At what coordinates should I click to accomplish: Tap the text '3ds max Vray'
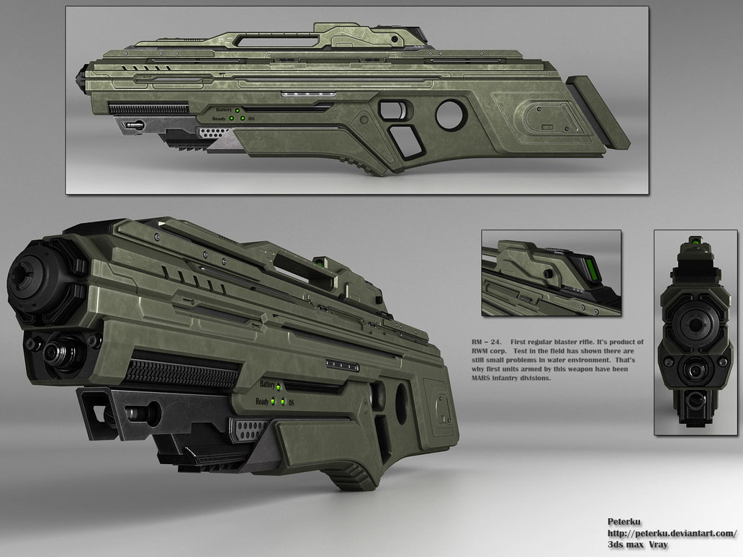coord(639,545)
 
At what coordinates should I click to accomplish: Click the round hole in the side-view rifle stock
coord(451,115)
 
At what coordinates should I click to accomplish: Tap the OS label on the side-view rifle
coord(252,119)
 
